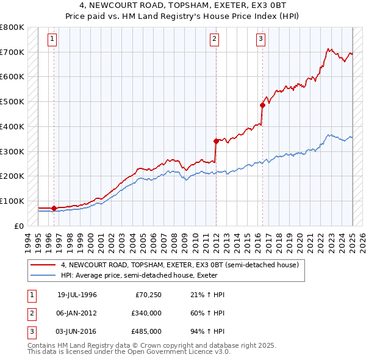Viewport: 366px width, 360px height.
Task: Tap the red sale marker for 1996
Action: [x=54, y=209]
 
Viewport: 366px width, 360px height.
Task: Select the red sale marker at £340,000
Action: [x=216, y=141]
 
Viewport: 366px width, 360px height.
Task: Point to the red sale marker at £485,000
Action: [x=262, y=105]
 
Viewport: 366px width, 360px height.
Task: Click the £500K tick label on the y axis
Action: [x=12, y=102]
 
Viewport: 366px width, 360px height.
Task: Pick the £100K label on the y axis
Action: [x=12, y=201]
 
